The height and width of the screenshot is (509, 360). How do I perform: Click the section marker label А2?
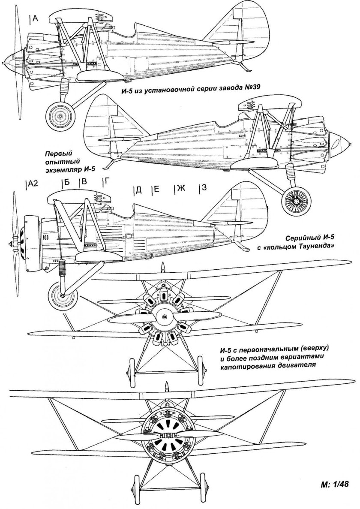point(33,184)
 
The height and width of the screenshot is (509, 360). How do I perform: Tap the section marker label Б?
point(66,182)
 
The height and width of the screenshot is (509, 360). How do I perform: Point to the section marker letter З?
point(204,188)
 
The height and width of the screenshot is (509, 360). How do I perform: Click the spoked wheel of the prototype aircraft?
point(296,200)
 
